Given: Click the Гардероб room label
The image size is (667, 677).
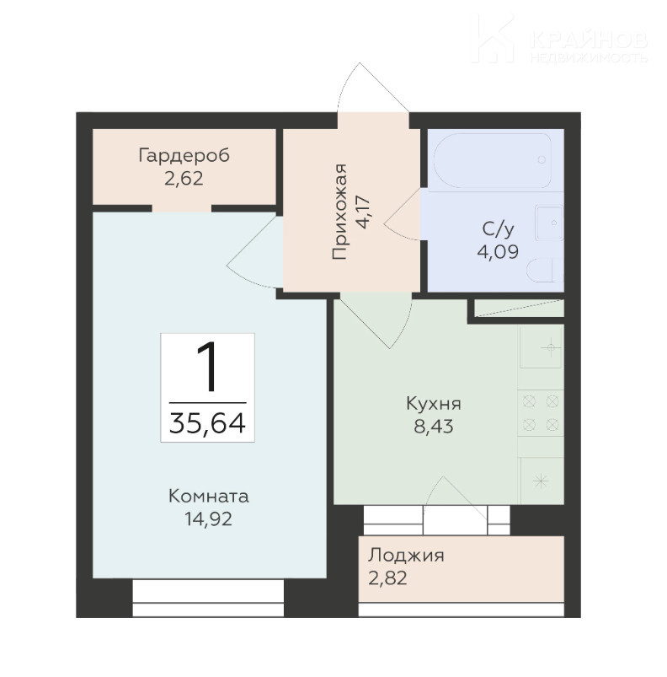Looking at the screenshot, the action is [184, 156].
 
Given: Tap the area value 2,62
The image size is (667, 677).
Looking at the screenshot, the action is [184, 179].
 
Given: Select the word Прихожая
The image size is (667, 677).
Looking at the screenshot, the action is [339, 212].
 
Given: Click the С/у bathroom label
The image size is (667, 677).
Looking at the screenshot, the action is [499, 229].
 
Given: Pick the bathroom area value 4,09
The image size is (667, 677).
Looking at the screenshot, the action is [498, 251].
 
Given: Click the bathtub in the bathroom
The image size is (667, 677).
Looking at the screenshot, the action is [493, 159].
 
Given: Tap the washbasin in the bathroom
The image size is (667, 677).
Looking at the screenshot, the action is [549, 223].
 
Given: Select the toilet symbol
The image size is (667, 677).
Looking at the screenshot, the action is [545, 271].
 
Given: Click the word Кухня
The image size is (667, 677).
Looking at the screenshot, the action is [434, 404].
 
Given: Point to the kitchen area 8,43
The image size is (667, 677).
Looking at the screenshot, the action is [434, 427].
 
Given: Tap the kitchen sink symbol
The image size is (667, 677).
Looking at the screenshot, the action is [542, 347].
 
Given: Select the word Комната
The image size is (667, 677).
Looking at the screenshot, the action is [209, 496].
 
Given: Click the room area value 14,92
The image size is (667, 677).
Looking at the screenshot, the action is [209, 518].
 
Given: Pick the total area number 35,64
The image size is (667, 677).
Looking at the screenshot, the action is [207, 422].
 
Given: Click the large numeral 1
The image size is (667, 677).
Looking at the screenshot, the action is [207, 366].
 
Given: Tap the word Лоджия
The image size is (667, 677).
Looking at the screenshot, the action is [406, 556].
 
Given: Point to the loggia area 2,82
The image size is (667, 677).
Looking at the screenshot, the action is [387, 578].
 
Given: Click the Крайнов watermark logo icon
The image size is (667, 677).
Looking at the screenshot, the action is [493, 38].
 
